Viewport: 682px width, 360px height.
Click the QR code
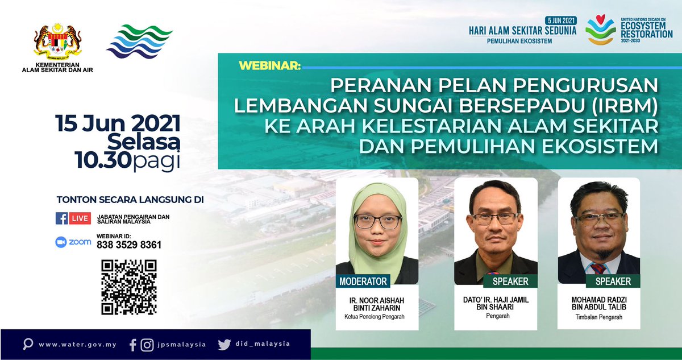coord(128,287)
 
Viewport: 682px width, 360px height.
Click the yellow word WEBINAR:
coord(270,65)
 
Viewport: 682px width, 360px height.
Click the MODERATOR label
coord(363,281)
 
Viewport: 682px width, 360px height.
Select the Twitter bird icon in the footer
coord(224,344)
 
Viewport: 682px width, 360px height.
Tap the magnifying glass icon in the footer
coord(27,344)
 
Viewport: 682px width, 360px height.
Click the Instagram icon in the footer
coord(147,344)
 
